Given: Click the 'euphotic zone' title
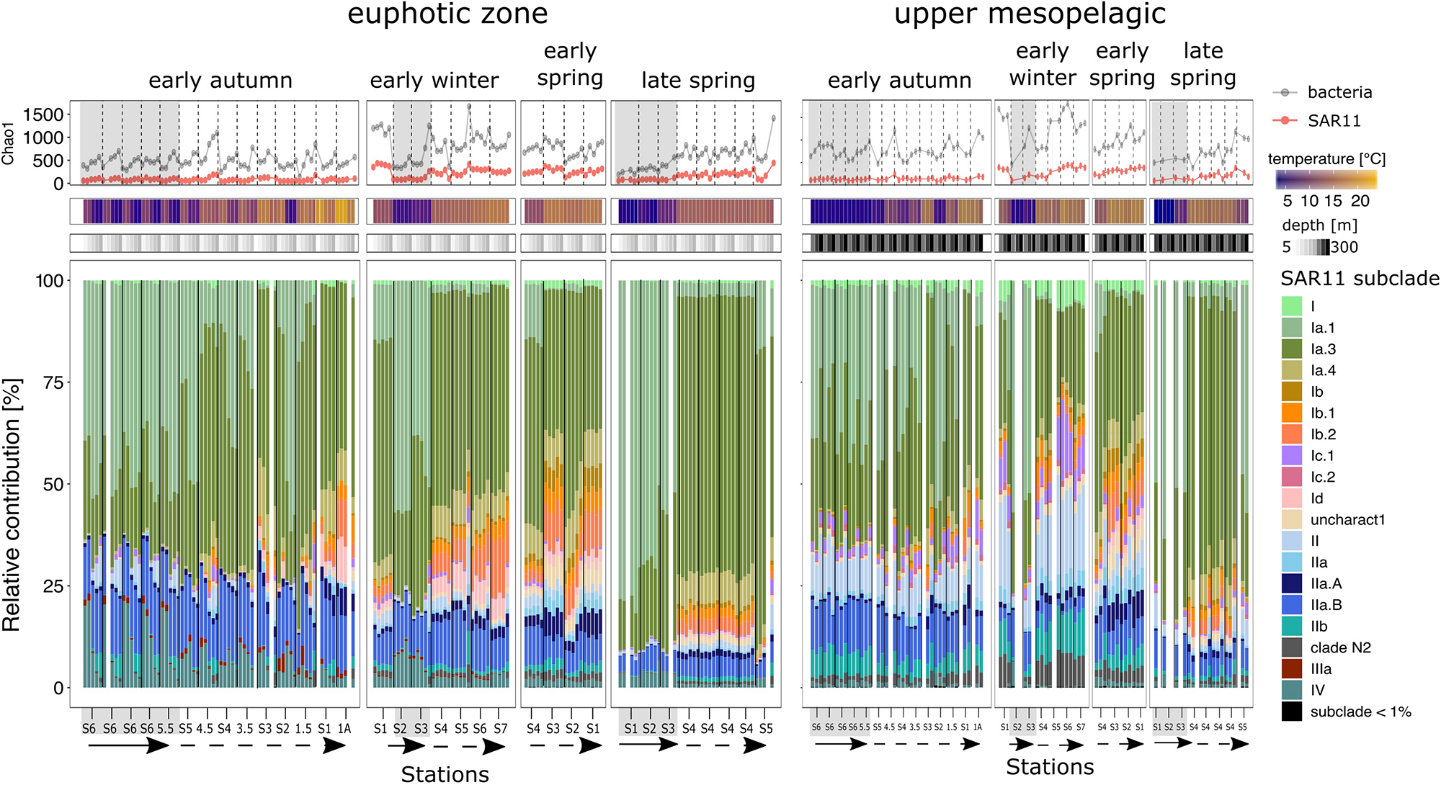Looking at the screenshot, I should pyautogui.click(x=447, y=14).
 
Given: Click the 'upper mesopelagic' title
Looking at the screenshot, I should pyautogui.click(x=1030, y=14).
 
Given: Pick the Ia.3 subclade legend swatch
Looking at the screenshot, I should pyautogui.click(x=1292, y=349).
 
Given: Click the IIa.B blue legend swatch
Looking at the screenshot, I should pyautogui.click(x=1292, y=605).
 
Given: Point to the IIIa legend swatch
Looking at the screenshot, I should pyautogui.click(x=1292, y=669).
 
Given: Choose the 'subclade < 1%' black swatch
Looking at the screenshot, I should pyautogui.click(x=1292, y=712).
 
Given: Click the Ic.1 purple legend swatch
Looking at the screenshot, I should pyautogui.click(x=1292, y=456).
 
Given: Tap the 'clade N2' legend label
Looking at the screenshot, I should pyautogui.click(x=1340, y=647).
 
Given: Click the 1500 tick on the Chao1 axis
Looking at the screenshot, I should pyautogui.click(x=43, y=115).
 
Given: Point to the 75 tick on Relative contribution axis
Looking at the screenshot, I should pyautogui.click(x=53, y=382).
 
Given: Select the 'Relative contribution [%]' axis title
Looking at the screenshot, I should pyautogui.click(x=12, y=504).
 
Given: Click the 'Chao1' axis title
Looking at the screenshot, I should pyautogui.click(x=8, y=143).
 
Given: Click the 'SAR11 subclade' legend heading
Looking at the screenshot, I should pyautogui.click(x=1360, y=279).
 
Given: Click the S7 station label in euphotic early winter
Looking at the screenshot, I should pyautogui.click(x=500, y=729).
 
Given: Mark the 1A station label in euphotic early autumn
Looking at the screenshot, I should pyautogui.click(x=344, y=729).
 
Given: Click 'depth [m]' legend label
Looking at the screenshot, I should pyautogui.click(x=1319, y=225).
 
